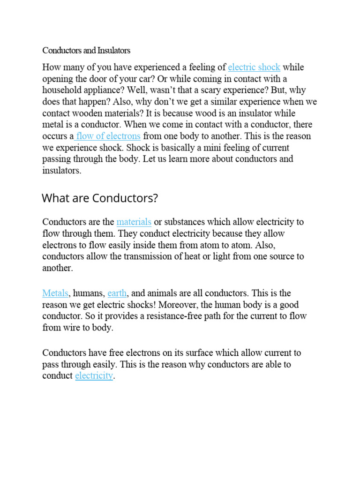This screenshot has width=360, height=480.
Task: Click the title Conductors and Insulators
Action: coord(86,50)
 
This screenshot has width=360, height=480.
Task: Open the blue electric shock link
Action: coord(254,67)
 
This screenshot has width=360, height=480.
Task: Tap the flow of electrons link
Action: coord(108,136)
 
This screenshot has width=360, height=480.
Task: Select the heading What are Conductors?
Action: coord(100,198)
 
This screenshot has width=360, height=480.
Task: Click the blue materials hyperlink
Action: coord(134,222)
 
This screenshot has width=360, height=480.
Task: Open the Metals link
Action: coord(55,293)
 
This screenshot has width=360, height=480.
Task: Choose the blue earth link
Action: coord(117,293)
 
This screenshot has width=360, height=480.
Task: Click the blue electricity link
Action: coord(94,375)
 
